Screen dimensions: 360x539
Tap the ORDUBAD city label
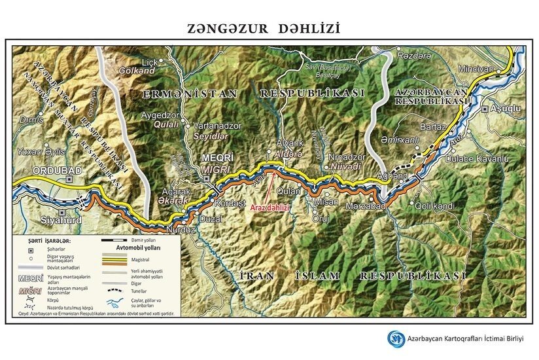[59, 171]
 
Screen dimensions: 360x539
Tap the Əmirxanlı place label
[400, 140]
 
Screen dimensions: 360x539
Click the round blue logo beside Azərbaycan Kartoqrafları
[396, 338]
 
